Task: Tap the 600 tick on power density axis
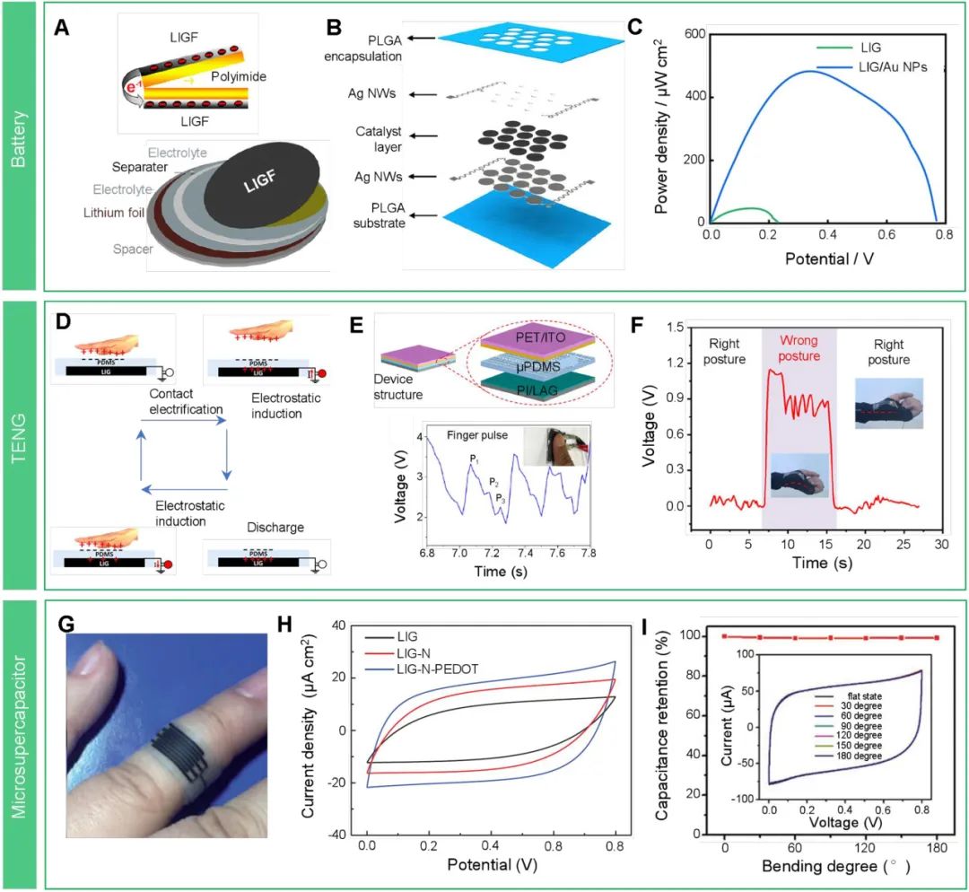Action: click(x=692, y=34)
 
